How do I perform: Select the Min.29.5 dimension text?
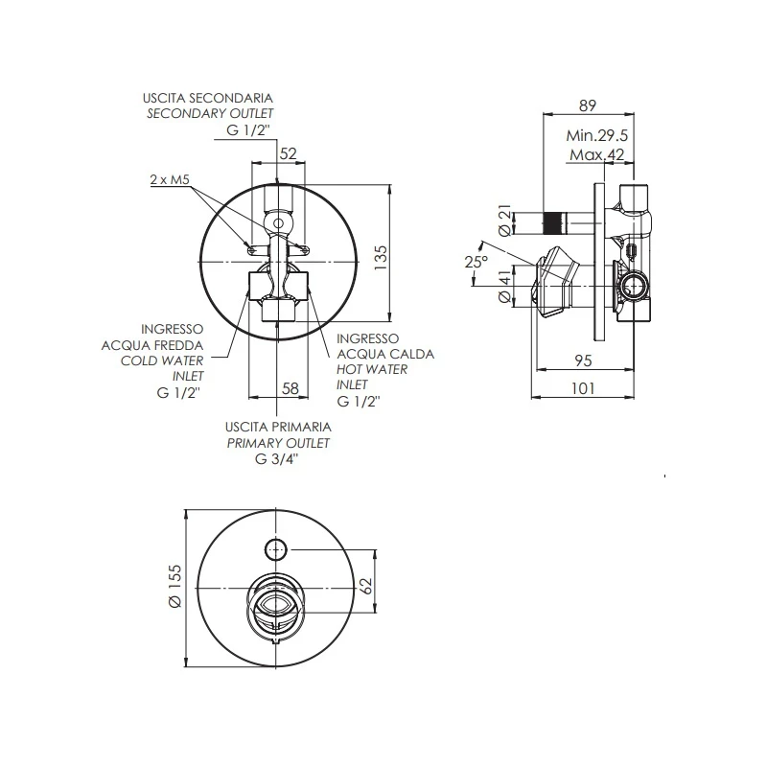pyautogui.click(x=595, y=136)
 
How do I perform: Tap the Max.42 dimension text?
pyautogui.click(x=595, y=155)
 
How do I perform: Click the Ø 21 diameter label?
pyautogui.click(x=503, y=220)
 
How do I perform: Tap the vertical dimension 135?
pyautogui.click(x=380, y=256)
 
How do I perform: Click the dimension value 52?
pyautogui.click(x=288, y=153)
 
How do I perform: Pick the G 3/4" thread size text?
pyautogui.click(x=277, y=458)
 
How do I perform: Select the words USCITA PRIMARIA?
pyautogui.click(x=278, y=427)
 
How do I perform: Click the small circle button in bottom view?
pyautogui.click(x=276, y=549)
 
